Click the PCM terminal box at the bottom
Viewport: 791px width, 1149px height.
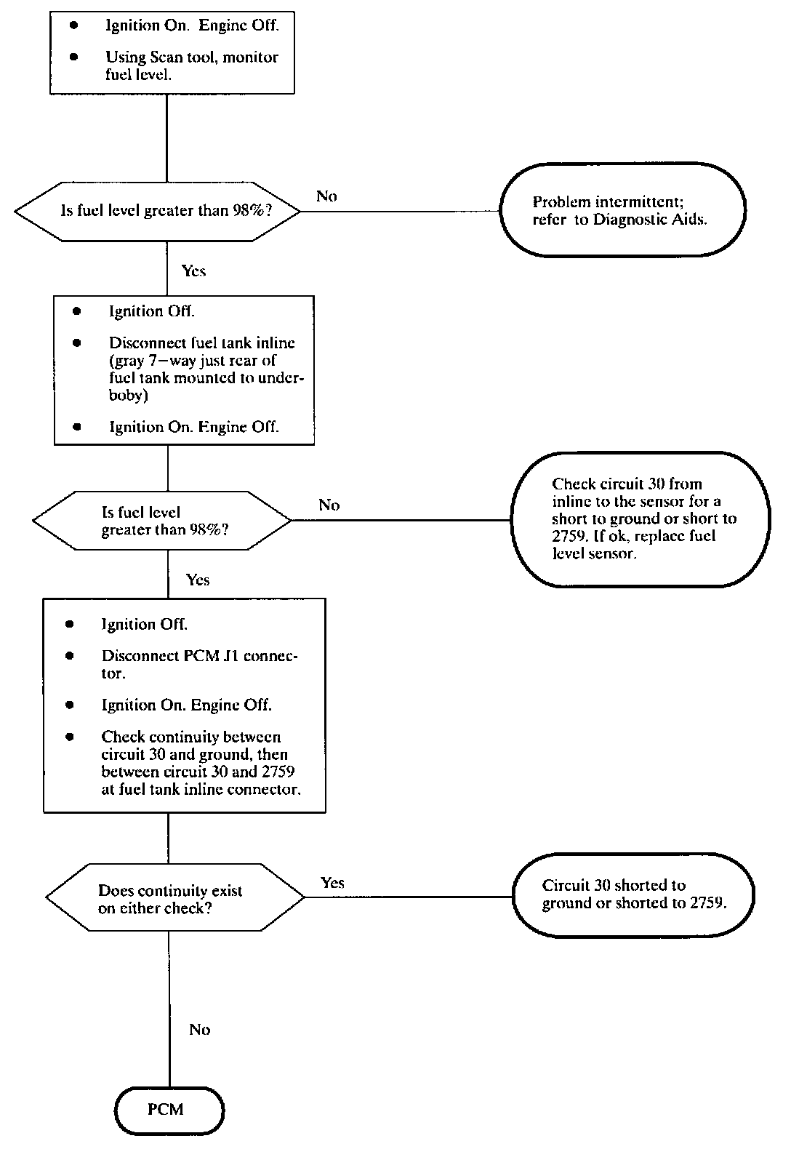point(169,1110)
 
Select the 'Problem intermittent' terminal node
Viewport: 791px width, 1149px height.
point(622,209)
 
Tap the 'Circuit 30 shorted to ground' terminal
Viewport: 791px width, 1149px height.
point(633,895)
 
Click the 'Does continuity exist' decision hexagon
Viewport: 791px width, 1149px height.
point(175,897)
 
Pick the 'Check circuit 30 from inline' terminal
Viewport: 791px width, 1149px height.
point(641,519)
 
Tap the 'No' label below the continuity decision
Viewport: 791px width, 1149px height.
point(199,1030)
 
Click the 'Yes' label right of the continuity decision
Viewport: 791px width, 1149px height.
point(332,882)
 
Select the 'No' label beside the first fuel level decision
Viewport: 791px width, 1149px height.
point(326,196)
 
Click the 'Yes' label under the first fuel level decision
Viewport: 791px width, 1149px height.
point(193,271)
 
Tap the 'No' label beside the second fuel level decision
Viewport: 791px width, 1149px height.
point(329,505)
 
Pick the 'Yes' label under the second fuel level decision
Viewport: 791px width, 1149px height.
point(198,580)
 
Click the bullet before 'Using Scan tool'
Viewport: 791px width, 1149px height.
point(74,57)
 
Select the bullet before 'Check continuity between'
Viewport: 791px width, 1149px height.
point(70,737)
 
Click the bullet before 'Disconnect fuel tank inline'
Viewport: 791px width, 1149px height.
point(77,343)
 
